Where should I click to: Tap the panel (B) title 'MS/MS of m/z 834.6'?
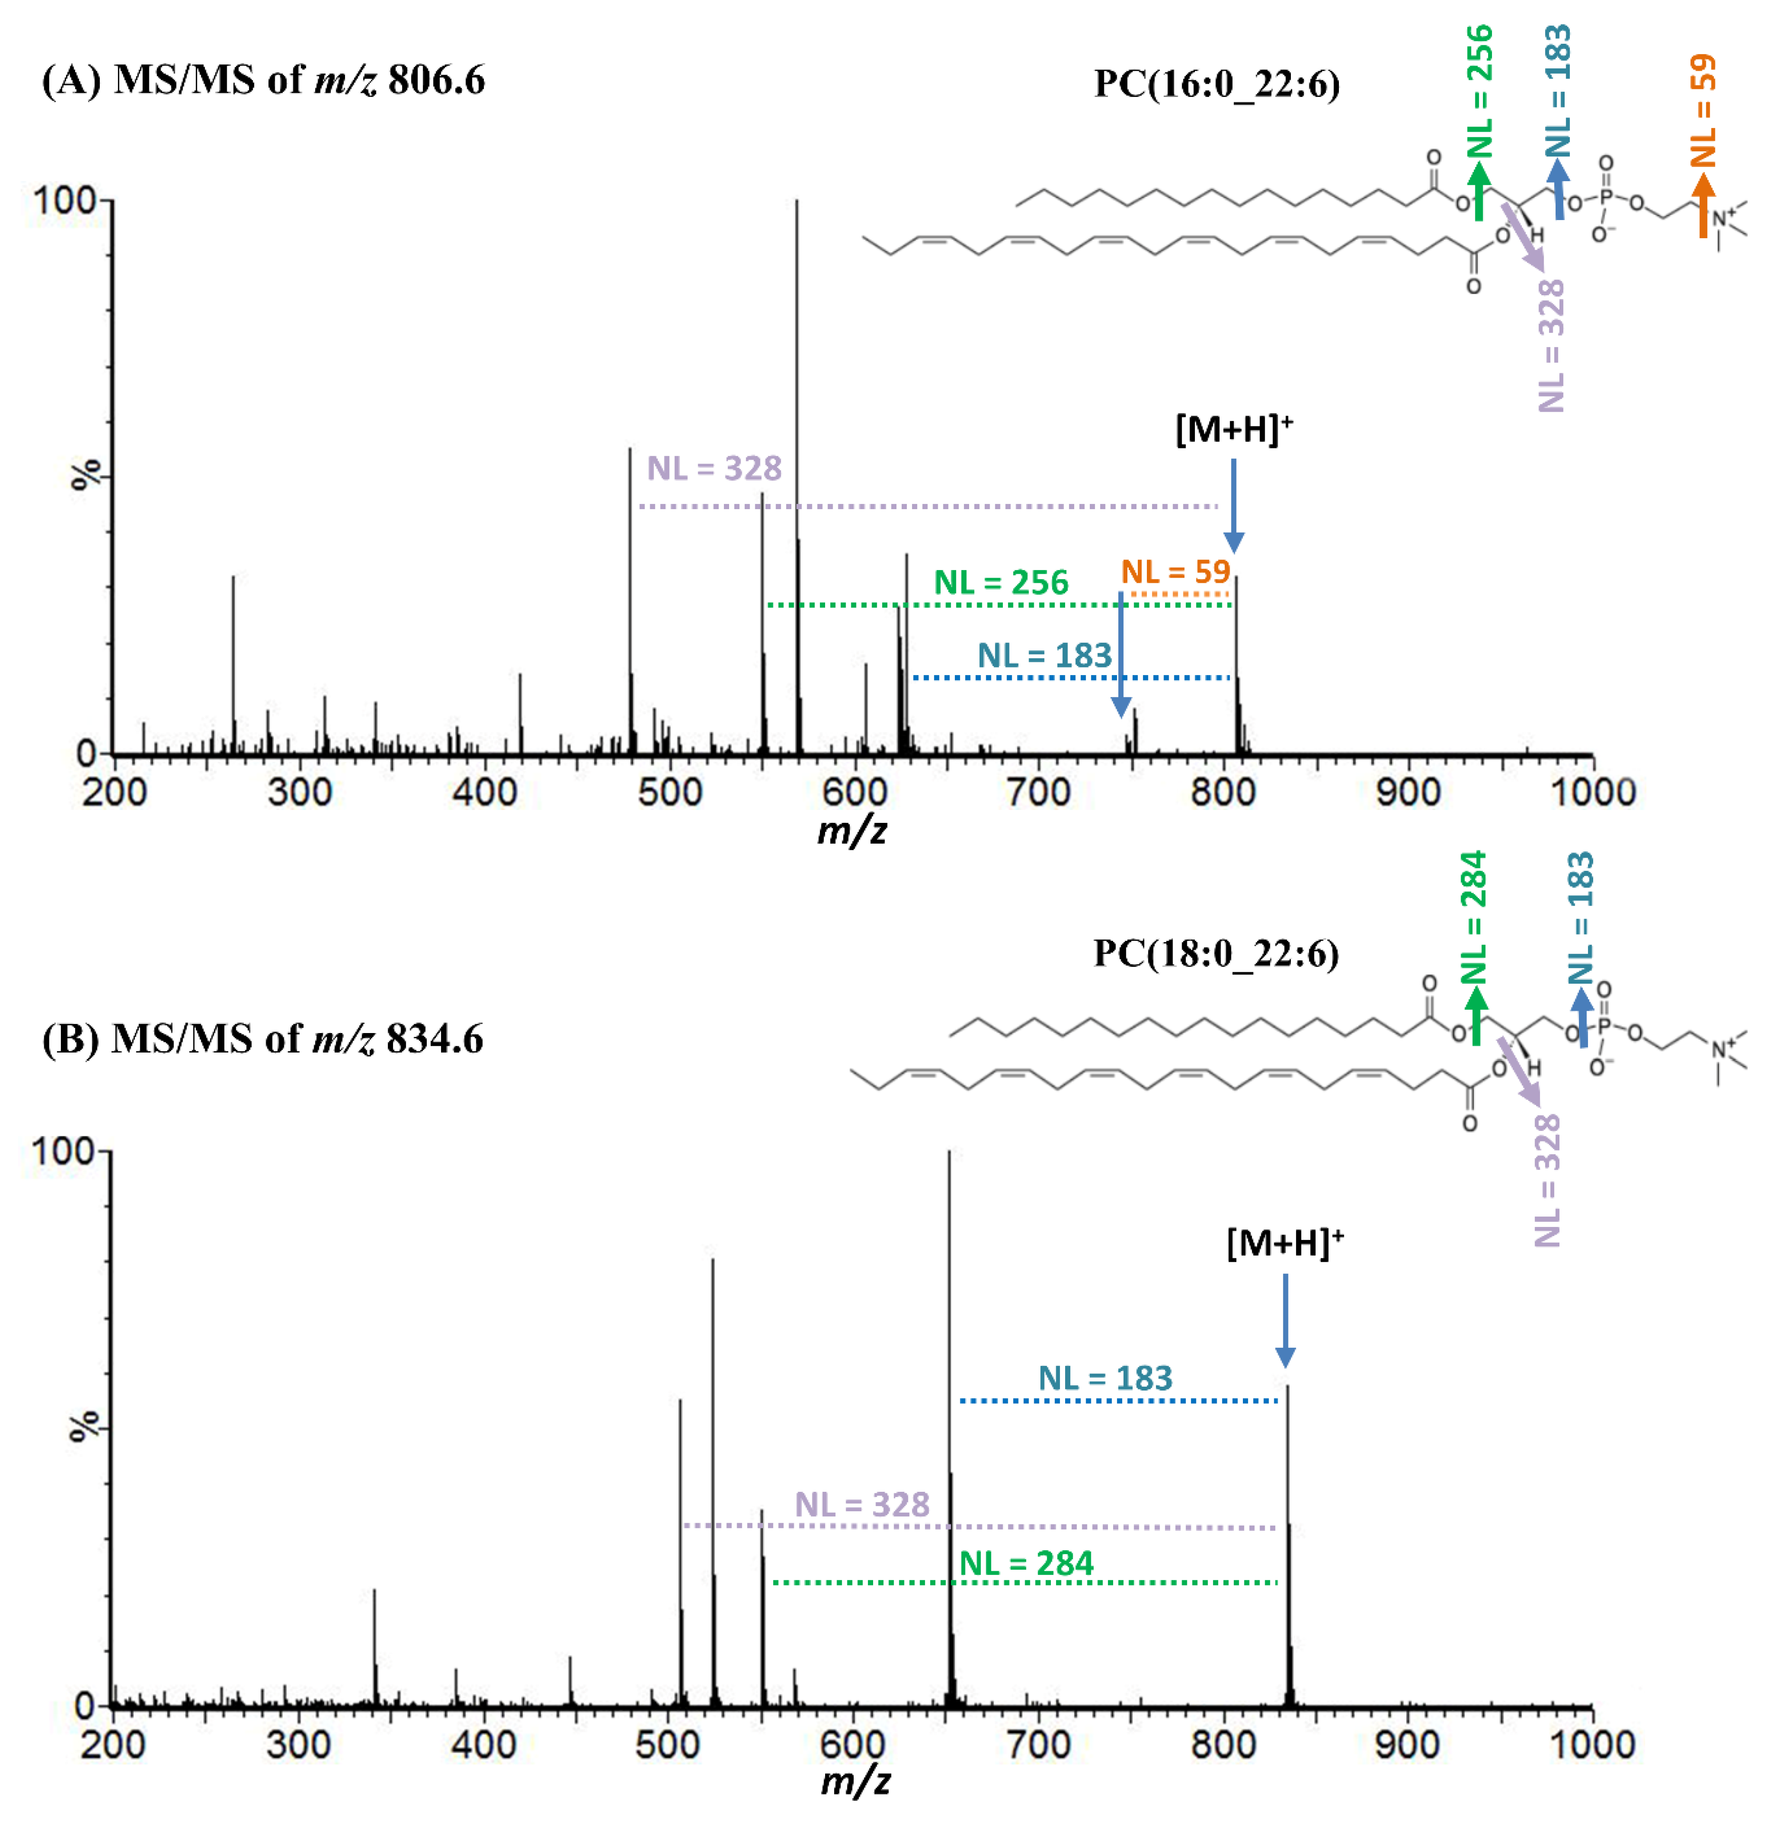[x=297, y=1039]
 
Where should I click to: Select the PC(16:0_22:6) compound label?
[x=1217, y=85]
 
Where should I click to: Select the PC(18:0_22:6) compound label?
[x=1216, y=954]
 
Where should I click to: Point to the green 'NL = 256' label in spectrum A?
[x=1000, y=583]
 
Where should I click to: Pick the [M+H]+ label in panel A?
[x=1234, y=430]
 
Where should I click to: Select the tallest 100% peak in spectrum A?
[x=797, y=376]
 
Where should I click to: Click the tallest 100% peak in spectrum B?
[x=949, y=1316]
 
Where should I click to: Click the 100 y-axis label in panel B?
[x=64, y=1152]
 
